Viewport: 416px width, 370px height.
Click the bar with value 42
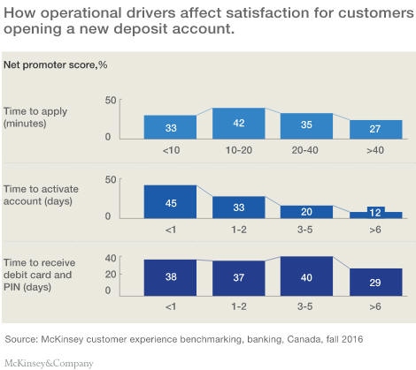[239, 124]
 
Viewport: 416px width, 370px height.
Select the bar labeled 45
[170, 201]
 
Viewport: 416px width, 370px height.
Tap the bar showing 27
[376, 130]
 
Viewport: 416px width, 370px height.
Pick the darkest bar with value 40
[306, 276]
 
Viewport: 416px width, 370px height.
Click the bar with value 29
[376, 282]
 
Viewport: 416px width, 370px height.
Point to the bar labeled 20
[306, 212]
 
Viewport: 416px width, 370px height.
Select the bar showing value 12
[376, 213]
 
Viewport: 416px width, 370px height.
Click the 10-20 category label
[239, 150]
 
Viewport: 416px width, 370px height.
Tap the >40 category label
[375, 150]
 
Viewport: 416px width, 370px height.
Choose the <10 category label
[171, 150]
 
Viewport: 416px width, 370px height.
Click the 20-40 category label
[305, 150]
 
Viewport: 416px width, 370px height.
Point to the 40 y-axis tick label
[111, 258]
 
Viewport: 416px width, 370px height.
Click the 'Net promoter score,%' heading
[55, 65]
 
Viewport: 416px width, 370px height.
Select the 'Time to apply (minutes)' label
[35, 117]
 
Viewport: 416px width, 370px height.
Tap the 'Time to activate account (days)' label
[41, 195]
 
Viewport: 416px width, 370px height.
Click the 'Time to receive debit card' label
[40, 268]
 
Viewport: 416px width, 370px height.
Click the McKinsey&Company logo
[49, 364]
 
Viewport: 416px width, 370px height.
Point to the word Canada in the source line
[304, 339]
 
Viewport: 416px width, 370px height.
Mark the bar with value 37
[239, 278]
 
